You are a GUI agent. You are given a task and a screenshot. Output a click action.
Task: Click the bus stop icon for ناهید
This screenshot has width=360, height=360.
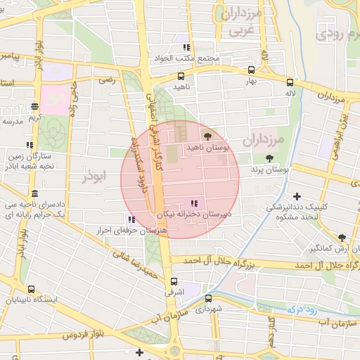(x=181, y=76)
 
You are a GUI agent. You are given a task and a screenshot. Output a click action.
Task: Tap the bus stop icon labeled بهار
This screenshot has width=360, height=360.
(x=251, y=70)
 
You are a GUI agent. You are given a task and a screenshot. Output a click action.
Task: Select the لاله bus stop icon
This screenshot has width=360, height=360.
(x=290, y=82)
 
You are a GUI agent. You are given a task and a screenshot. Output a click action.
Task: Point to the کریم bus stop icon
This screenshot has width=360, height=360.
(x=34, y=107)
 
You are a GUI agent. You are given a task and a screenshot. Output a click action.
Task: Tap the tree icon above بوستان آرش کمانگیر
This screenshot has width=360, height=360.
(x=341, y=238)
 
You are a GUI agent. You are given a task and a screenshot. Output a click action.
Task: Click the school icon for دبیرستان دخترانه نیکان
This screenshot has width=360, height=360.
(x=194, y=203)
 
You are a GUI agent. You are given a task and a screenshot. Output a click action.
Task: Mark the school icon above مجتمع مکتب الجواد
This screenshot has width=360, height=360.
(x=186, y=47)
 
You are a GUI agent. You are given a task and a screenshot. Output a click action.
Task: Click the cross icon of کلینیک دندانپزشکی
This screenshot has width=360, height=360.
(x=297, y=196)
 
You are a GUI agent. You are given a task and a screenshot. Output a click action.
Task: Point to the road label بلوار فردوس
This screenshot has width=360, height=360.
(x=79, y=336)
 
